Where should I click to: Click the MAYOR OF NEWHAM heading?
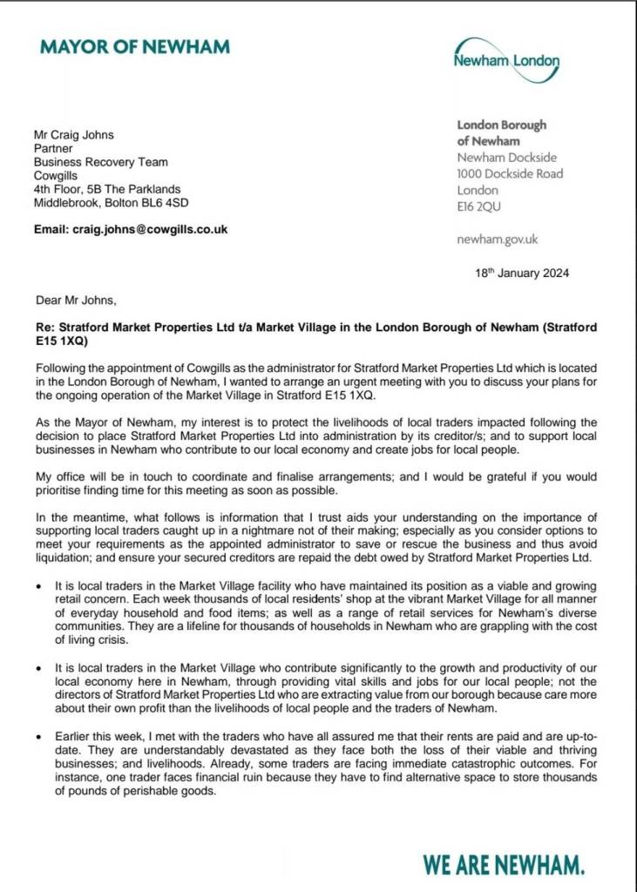135,46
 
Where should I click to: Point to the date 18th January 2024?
522,273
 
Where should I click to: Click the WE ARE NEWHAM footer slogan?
504,864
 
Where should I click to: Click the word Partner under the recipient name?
53,148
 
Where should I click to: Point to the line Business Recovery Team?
101,162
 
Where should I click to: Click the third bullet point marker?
40,736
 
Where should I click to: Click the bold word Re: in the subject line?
44,328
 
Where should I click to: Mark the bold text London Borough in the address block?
502,125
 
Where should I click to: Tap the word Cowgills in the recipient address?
57,175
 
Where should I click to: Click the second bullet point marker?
40,666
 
